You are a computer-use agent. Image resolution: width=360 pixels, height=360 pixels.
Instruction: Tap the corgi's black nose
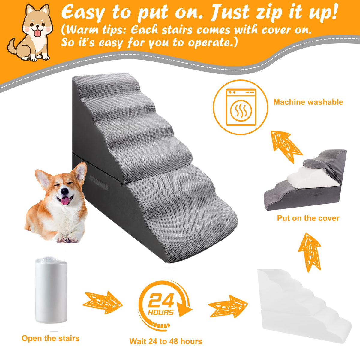[65, 191]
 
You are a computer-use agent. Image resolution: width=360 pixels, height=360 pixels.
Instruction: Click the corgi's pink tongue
[65, 201]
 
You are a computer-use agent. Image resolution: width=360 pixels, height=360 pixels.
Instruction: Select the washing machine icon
[241, 107]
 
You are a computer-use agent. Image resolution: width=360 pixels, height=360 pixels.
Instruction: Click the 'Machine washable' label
[308, 102]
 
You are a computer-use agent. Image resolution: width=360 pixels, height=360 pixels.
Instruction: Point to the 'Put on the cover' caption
[308, 218]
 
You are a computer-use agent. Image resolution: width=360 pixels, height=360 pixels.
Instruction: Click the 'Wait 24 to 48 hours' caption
[166, 341]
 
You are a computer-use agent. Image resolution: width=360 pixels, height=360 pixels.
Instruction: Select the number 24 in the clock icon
[161, 300]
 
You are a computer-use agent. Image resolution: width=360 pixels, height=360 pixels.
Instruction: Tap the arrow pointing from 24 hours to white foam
[228, 306]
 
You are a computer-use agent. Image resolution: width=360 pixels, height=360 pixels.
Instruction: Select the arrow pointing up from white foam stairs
[310, 252]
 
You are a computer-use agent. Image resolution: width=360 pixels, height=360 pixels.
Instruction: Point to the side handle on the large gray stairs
[99, 183]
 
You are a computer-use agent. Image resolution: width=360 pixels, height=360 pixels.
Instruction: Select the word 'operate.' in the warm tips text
[213, 43]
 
